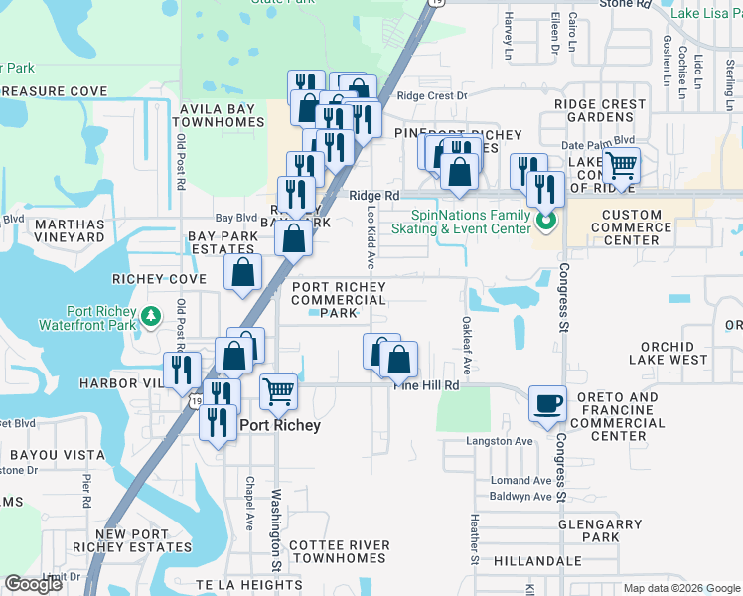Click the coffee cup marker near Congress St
547,403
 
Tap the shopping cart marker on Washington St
279,391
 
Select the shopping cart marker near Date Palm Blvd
622,165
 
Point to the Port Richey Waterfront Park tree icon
151,316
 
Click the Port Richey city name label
280,425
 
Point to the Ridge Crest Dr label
431,96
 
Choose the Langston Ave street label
501,440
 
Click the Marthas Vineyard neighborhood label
70,231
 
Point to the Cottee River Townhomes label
339,552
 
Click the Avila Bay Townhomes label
221,116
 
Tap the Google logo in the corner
34,584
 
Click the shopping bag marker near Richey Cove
242,274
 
